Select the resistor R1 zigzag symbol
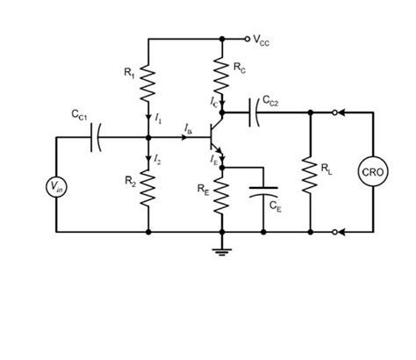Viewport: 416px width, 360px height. tap(149, 82)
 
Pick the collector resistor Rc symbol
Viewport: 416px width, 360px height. tap(223, 72)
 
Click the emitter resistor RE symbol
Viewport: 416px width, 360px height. tap(223, 195)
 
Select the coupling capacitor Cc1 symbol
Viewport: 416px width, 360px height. tap(97, 137)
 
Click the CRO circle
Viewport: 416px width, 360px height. tap(373, 172)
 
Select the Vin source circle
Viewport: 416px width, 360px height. tap(56, 185)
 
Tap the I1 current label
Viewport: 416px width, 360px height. tap(158, 116)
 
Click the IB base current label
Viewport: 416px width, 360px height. tap(187, 129)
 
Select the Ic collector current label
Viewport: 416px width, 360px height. tap(214, 103)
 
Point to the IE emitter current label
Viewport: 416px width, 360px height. tap(213, 160)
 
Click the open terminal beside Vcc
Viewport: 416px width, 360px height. tap(247, 39)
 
